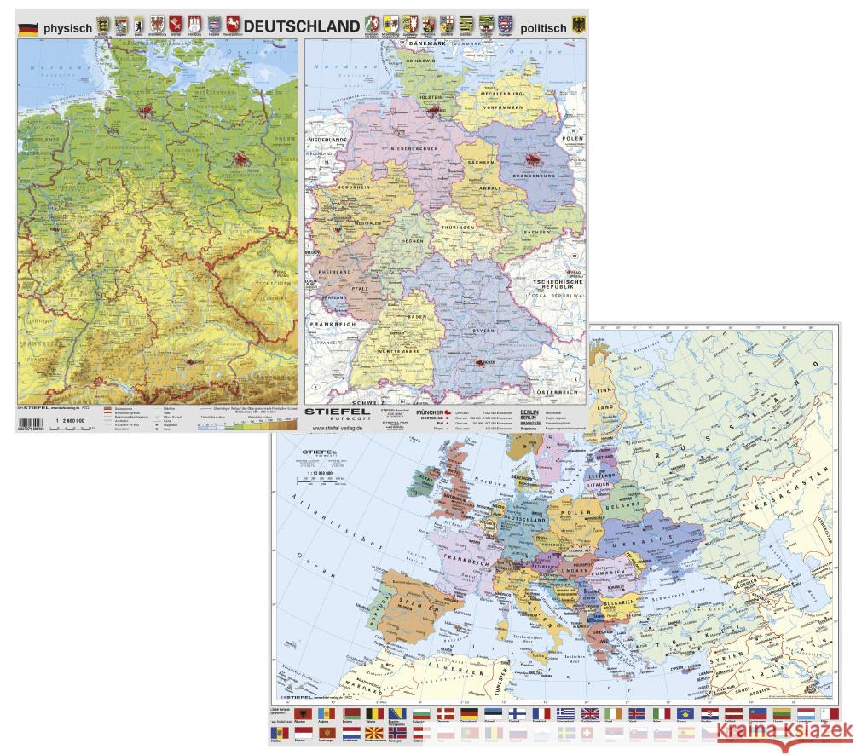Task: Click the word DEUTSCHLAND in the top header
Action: (x=301, y=26)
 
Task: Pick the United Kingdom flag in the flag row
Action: (x=590, y=714)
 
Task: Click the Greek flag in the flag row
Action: (x=565, y=714)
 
